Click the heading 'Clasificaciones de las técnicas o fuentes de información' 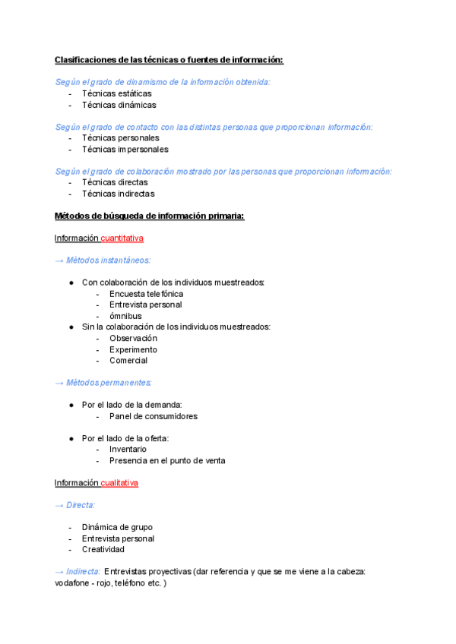click(x=169, y=60)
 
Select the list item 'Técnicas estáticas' click(x=116, y=93)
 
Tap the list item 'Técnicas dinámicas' click(x=119, y=105)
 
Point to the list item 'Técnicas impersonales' click(x=125, y=149)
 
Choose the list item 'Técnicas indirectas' click(x=118, y=194)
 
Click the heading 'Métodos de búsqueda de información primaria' click(x=149, y=216)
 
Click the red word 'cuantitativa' click(x=122, y=238)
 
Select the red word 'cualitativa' click(x=119, y=483)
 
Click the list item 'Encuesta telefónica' click(x=146, y=294)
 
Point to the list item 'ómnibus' click(x=125, y=316)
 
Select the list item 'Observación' click(x=133, y=338)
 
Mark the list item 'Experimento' click(x=133, y=349)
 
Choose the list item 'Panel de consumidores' click(x=153, y=416)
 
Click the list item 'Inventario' click(x=128, y=450)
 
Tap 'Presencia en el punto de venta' click(x=167, y=460)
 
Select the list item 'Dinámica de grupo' click(x=117, y=527)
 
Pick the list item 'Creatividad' click(x=103, y=549)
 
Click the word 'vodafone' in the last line click(x=73, y=582)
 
